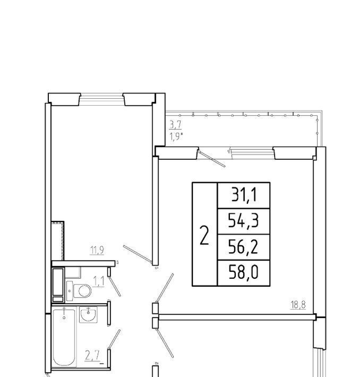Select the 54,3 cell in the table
[243, 221]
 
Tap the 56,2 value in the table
[243, 247]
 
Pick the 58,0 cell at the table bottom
[243, 272]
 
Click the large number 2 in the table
[204, 236]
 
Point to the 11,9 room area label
[97, 250]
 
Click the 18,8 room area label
[298, 305]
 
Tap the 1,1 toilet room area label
[99, 281]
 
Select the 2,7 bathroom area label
[92, 356]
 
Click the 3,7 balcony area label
[176, 125]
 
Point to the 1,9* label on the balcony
[176, 137]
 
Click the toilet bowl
[82, 291]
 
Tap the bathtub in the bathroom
[64, 338]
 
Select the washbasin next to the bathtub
[88, 314]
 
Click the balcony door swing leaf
[212, 159]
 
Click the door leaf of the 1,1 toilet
[115, 286]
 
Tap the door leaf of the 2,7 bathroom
[114, 339]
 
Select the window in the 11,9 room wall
[101, 99]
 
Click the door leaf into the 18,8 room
[165, 288]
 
